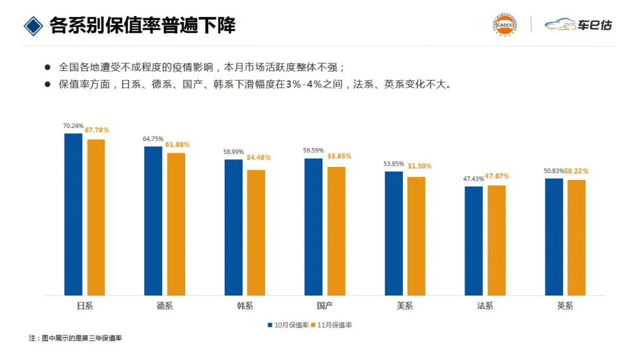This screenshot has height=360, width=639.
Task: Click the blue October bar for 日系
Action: click(73, 214)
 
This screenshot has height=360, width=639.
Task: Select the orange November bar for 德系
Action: click(176, 224)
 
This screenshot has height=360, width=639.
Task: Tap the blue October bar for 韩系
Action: click(233, 227)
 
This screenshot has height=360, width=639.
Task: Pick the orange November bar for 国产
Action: click(336, 231)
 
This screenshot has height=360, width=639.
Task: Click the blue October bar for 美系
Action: click(393, 233)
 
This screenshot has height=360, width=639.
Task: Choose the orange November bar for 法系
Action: click(496, 240)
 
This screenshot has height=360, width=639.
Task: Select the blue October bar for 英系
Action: click(554, 237)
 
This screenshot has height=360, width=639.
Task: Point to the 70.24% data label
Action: click(73, 126)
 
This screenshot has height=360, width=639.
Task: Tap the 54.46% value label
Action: click(259, 157)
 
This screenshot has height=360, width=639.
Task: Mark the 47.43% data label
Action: click(474, 178)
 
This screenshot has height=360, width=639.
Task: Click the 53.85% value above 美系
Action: click(393, 163)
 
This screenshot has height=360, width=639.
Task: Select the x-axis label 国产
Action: click(324, 306)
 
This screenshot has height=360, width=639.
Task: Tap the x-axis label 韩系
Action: click(244, 306)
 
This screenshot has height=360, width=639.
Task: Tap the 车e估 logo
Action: click(579, 25)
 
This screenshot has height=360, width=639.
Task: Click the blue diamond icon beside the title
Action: click(33, 25)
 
